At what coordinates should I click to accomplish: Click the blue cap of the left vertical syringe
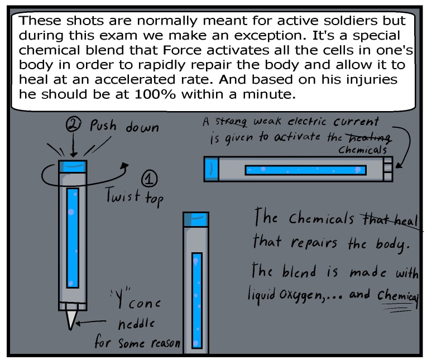point(73,166)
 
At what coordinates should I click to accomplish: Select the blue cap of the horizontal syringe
point(212,168)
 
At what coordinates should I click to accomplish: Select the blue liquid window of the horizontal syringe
point(305,169)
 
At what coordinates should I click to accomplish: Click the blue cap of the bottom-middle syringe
point(196,219)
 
